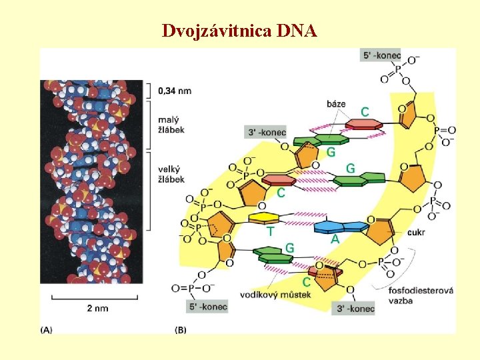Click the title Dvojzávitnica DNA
pos(240,31)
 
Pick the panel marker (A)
pos(47,329)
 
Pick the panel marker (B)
pos(180,329)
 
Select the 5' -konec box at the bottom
pos(207,307)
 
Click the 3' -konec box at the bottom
pos(353,308)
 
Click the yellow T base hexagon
pos(263,218)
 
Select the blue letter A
pos(335,239)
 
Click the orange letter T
pos(270,231)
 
